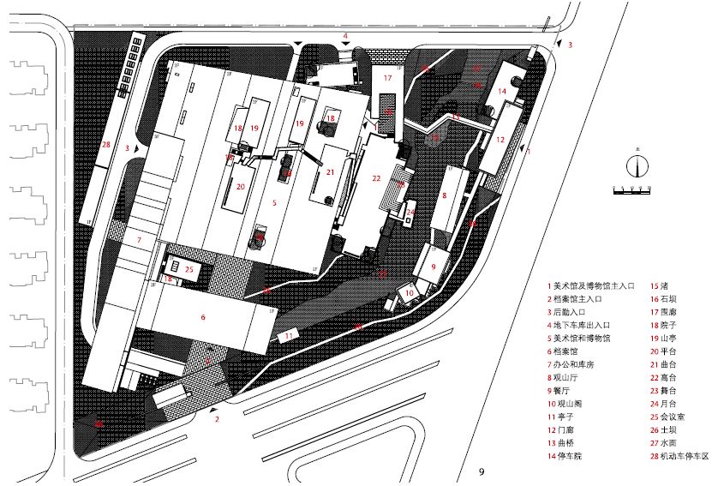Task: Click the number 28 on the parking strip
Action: [105, 145]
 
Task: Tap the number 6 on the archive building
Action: [203, 317]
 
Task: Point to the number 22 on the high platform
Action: [376, 178]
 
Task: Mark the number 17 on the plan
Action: [387, 78]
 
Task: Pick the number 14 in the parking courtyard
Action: [503, 91]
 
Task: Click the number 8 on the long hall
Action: [445, 195]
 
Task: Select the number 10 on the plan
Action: [410, 293]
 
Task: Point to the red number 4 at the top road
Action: [345, 36]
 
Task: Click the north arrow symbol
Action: [635, 167]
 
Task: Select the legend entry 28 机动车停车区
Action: [680, 457]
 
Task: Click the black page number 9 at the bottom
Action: [482, 471]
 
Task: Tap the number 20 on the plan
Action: [241, 186]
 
